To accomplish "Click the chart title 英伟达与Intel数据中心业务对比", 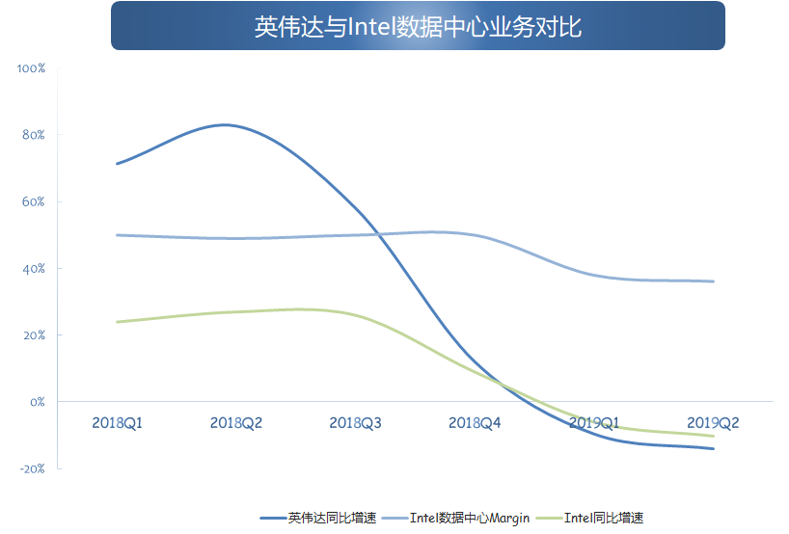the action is (x=418, y=27).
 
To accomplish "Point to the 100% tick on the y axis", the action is (x=31, y=68).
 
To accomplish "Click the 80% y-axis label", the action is (x=33, y=135).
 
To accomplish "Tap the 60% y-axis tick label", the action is (x=33, y=201).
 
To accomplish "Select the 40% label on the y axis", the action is (x=33, y=269).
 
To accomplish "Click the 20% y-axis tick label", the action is (x=34, y=335).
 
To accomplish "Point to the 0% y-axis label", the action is (x=38, y=402).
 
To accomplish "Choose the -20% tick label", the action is (x=32, y=468).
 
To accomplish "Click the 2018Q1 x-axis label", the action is (x=118, y=423).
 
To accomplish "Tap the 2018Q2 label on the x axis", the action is (x=236, y=423).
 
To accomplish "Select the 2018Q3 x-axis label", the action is (x=355, y=423).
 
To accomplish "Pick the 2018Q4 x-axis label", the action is (x=475, y=423).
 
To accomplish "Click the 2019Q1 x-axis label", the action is (x=594, y=423).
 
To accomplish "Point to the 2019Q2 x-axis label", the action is (x=713, y=423).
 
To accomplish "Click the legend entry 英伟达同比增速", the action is (x=318, y=518).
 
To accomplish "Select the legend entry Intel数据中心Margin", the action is (x=456, y=518).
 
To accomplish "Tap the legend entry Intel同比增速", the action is (x=589, y=518).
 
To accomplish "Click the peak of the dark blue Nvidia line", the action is (x=225, y=124).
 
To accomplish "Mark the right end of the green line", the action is (x=713, y=436).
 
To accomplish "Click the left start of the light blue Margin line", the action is (x=118, y=235).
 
